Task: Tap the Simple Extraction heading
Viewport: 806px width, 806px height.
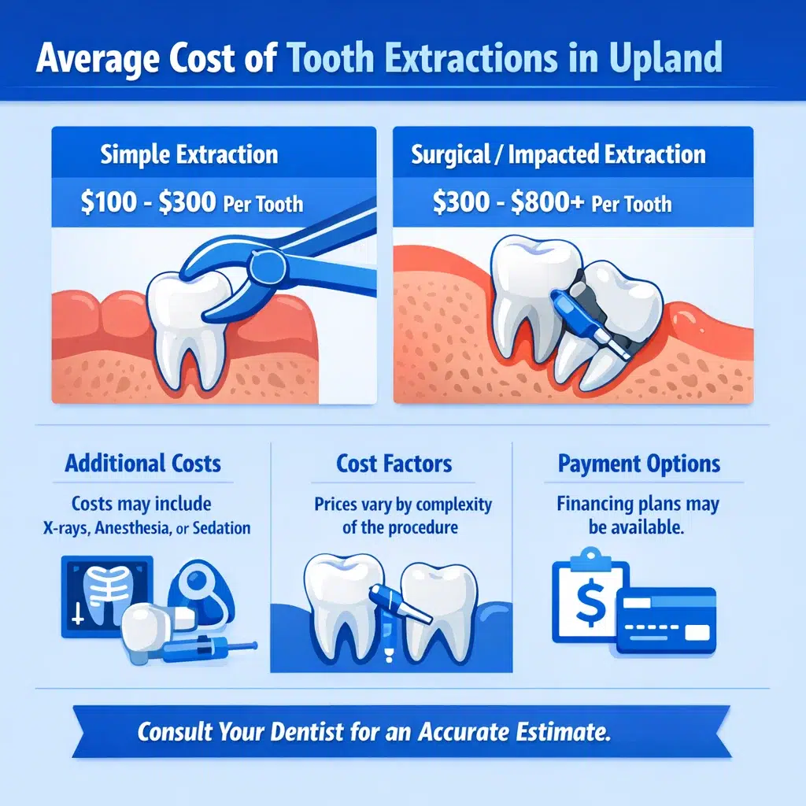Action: [x=189, y=154]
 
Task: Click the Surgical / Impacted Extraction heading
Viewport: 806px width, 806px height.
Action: [x=558, y=154]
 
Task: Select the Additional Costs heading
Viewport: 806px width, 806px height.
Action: [x=143, y=463]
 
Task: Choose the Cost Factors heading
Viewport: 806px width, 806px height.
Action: [x=394, y=464]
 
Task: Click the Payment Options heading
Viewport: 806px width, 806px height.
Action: [x=639, y=464]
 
